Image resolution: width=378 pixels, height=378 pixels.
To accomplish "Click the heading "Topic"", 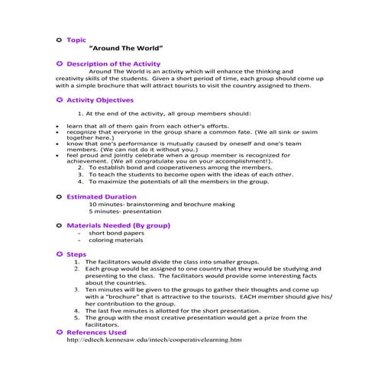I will coord(76,38).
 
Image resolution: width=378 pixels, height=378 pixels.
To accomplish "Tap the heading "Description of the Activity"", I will coord(113,63).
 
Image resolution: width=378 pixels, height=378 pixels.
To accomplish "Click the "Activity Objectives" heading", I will coord(100,100).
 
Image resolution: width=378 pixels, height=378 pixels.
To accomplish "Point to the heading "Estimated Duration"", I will coord(101,197).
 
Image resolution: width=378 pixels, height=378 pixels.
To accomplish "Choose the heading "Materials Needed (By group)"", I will coord(118,226).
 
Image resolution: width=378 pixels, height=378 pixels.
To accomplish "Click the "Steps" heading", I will coord(76,254).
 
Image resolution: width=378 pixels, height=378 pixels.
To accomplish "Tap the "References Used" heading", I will coord(96,332).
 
